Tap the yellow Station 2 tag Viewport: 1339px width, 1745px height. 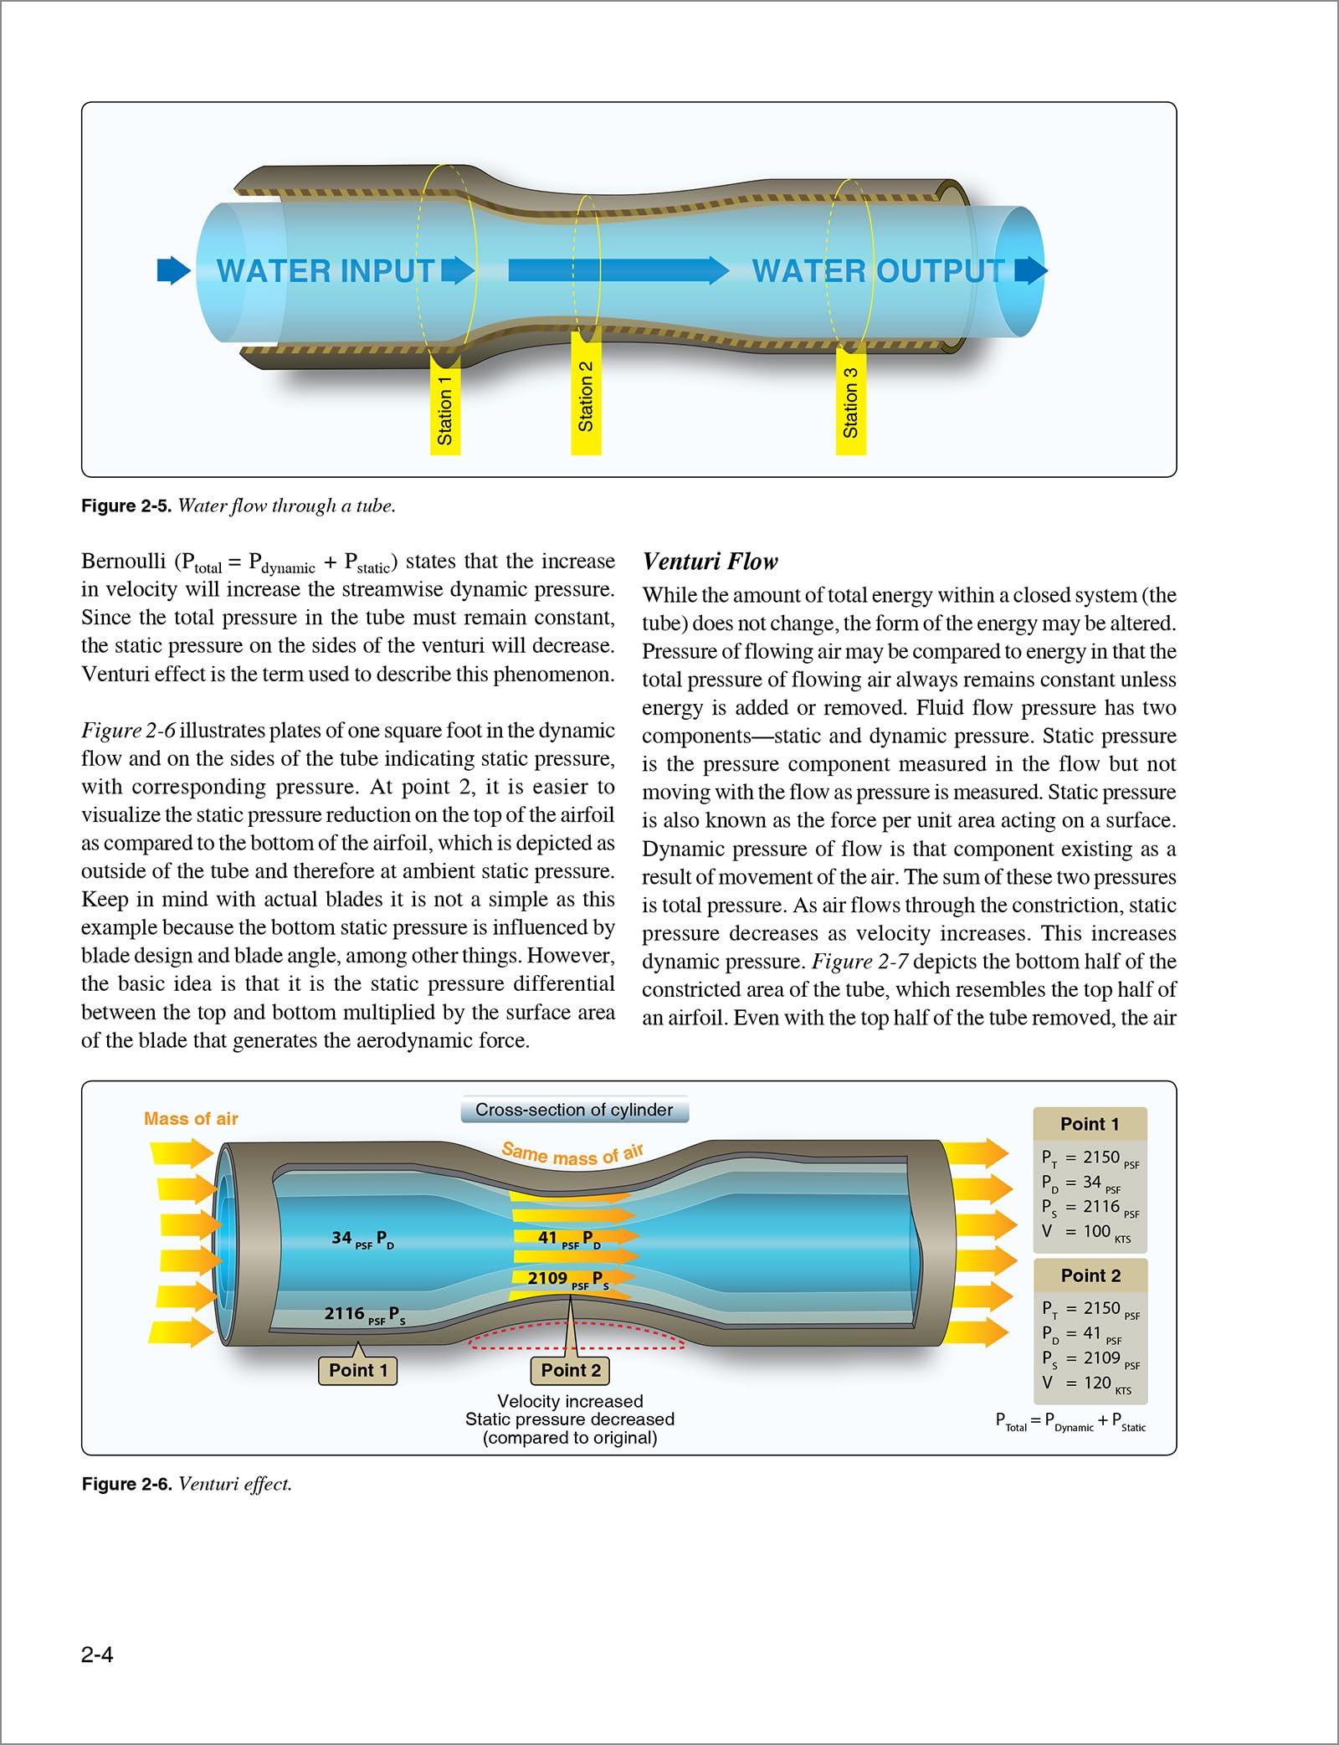(586, 394)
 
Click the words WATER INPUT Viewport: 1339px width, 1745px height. (326, 271)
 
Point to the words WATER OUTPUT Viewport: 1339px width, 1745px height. (878, 271)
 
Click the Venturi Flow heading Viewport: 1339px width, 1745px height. (710, 562)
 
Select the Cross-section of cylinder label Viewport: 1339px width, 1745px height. (574, 1110)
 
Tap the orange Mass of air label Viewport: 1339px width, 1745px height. (191, 1119)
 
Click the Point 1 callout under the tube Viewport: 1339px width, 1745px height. (358, 1370)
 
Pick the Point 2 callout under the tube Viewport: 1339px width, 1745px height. (571, 1370)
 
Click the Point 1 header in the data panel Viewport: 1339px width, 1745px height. (1090, 1124)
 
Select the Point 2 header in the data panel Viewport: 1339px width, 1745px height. (1090, 1275)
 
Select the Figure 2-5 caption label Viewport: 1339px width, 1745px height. (126, 506)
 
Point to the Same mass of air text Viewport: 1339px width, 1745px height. (572, 1154)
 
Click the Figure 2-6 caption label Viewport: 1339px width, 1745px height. (127, 1484)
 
